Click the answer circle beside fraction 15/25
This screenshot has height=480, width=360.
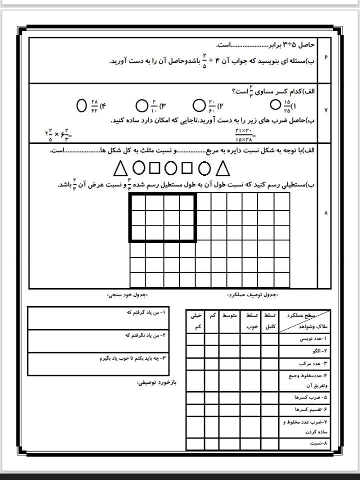[274, 105]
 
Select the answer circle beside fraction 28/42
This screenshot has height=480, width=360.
[82, 105]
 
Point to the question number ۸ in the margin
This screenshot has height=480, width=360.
[325, 213]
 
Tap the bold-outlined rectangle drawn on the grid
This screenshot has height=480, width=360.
[162, 217]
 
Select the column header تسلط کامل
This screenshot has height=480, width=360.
[269, 321]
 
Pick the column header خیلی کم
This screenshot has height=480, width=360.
[196, 321]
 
